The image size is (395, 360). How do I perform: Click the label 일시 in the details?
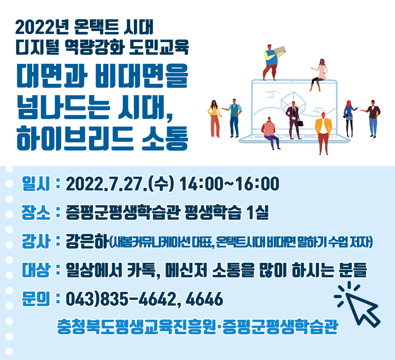[x=36, y=184]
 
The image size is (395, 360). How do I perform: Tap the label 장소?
[x=36, y=212]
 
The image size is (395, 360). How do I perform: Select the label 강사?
[x=36, y=241]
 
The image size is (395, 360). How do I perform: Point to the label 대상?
[x=36, y=270]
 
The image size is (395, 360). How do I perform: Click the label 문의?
[x=36, y=299]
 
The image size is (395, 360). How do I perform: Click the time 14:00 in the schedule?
[x=201, y=184]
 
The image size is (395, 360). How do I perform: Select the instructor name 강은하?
[x=87, y=241]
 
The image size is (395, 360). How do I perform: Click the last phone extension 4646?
[x=204, y=299]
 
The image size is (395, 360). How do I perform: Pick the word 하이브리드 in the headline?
[x=75, y=138]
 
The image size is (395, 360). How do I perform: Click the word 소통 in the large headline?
[x=165, y=138]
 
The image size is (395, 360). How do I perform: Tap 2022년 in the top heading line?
[x=42, y=27]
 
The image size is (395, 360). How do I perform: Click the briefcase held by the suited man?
[x=300, y=123]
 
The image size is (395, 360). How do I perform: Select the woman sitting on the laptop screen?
[x=319, y=75]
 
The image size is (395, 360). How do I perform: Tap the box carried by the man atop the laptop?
[x=279, y=50]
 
